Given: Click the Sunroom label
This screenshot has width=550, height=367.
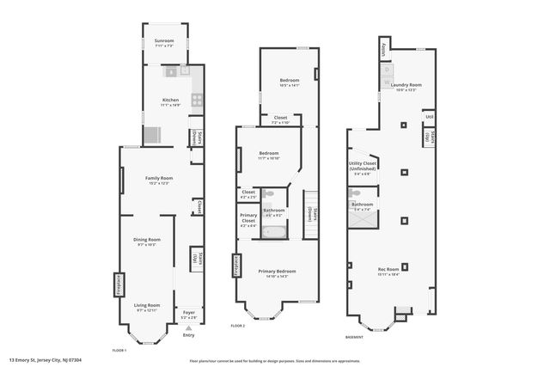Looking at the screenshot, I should coord(163,41).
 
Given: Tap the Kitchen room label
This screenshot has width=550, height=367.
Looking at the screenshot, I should coord(171,101).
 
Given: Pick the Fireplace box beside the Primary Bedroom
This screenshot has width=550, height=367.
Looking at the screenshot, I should coord(233,266).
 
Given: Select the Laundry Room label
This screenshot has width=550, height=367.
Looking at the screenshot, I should coord(406,85).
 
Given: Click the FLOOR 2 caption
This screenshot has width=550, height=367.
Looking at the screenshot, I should coord(238,326).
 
